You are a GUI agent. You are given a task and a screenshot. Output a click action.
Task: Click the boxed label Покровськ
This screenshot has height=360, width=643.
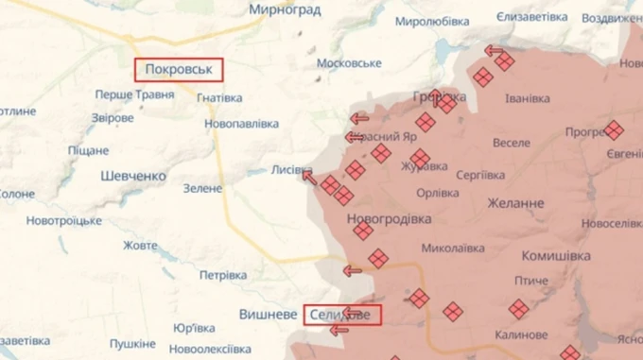coord(179,70)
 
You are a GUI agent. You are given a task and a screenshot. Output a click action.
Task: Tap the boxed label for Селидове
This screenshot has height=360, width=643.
coord(342,314)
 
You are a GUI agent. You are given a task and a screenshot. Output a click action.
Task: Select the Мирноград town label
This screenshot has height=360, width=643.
coord(285,9)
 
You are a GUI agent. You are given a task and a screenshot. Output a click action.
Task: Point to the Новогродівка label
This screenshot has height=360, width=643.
coord(390,218)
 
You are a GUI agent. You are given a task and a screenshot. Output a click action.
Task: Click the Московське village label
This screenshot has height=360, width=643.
coord(349,63)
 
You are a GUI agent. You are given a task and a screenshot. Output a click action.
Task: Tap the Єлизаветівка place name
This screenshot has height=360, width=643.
coord(531,18)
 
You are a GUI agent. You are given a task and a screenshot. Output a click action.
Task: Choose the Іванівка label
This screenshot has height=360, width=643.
coord(528,98)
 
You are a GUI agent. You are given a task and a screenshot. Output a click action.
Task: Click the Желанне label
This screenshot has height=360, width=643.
coord(515,202)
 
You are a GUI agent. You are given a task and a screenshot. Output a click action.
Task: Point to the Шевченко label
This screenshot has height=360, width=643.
coord(133,176)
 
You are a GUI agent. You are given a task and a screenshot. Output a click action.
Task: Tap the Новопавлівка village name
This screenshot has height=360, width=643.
coord(241,124)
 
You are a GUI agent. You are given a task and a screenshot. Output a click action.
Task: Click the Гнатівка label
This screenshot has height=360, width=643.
coord(219,97)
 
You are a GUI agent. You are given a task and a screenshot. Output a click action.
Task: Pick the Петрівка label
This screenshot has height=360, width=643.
coord(222,275)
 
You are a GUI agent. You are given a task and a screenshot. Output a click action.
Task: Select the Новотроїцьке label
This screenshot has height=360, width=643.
coord(63,220)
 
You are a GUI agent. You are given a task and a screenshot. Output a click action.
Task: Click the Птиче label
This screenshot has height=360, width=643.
coord(531,281)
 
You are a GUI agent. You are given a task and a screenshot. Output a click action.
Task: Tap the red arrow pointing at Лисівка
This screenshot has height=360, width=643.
coord(309,177)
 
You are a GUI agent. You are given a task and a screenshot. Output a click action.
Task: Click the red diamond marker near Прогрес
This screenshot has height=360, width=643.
coord(614,130)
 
